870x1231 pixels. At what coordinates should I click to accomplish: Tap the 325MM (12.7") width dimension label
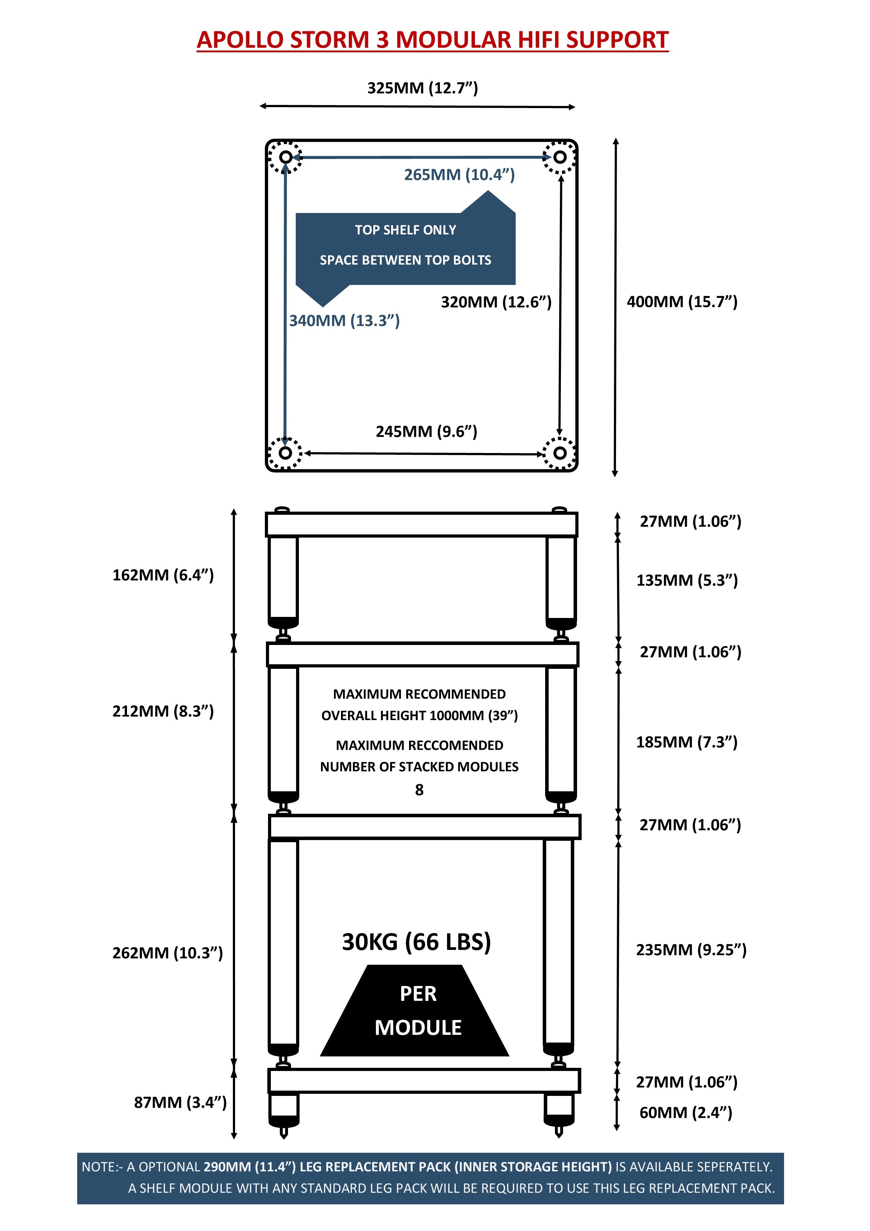pos(422,87)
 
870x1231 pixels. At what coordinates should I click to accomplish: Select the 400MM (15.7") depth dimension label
pos(682,301)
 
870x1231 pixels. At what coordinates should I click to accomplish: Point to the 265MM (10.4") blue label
pos(460,174)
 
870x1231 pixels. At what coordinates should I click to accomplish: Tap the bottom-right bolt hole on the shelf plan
pos(560,453)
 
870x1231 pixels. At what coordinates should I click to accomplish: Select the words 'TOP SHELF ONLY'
pos(405,230)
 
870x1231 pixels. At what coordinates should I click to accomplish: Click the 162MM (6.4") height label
pos(163,575)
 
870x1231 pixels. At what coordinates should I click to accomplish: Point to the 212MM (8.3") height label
pos(163,711)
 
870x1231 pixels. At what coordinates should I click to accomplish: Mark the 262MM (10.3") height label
pos(167,953)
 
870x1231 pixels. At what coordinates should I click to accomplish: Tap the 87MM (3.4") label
pos(180,1102)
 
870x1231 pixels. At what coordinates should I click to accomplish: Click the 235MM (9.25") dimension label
pos(691,950)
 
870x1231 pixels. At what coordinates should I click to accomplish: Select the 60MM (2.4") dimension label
pos(685,1112)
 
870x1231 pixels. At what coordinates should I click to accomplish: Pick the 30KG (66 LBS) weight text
pos(416,941)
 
